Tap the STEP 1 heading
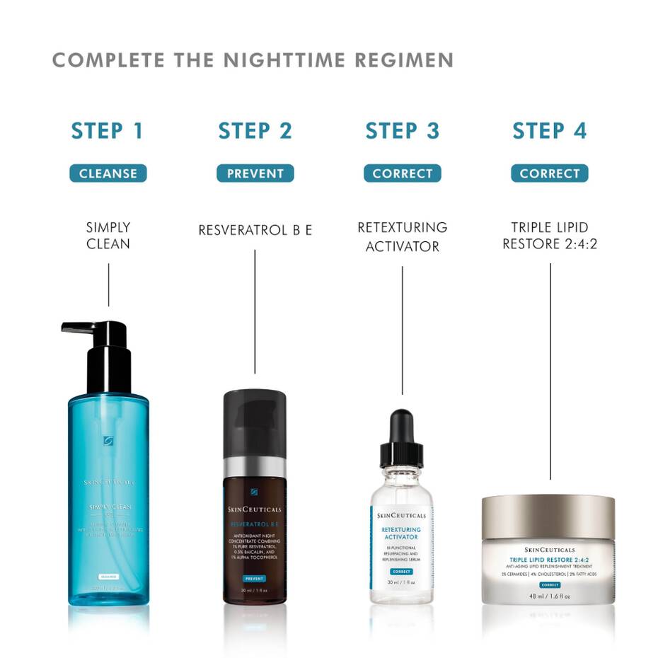coord(108,131)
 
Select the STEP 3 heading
coord(402,131)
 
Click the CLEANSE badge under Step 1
coord(108,173)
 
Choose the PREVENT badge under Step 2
coord(255,173)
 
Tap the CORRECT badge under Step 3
coord(402,173)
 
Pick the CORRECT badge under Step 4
coord(549,173)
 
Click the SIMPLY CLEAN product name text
coord(108,236)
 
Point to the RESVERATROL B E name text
coord(255,230)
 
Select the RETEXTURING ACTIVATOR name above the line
coord(402,237)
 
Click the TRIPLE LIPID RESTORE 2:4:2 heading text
coord(549,236)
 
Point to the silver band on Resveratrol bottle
coord(255,468)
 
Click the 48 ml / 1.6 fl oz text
coord(550,596)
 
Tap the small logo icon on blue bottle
coord(108,441)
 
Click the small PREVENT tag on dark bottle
coord(255,578)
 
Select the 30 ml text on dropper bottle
coord(401,582)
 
